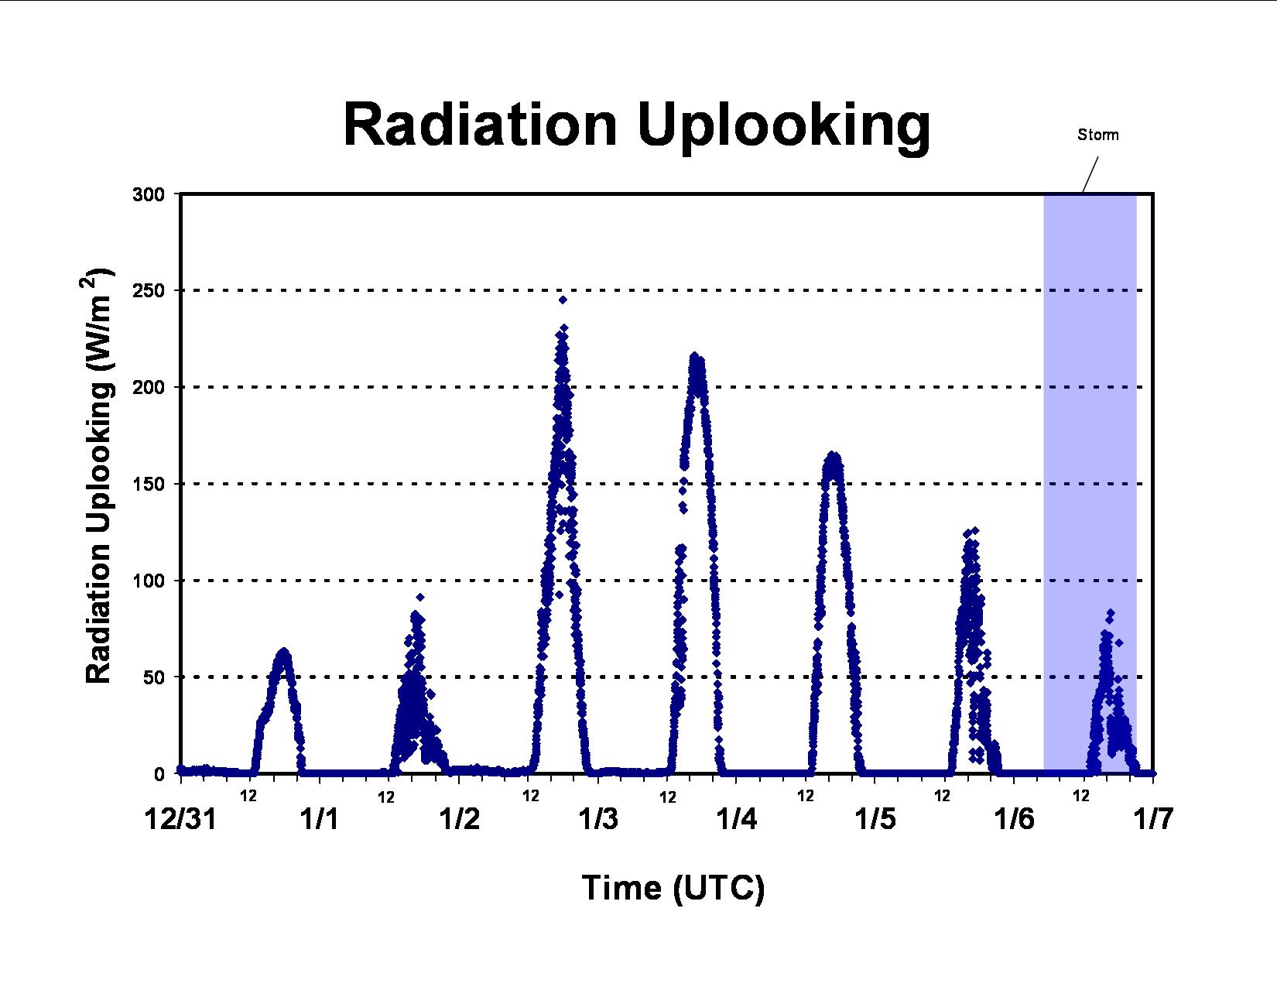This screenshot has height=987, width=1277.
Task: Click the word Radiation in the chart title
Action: click(480, 125)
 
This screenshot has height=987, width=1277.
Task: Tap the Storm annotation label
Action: click(1097, 135)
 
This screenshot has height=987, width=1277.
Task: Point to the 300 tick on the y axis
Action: click(148, 194)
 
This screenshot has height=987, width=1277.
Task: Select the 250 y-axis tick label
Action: click(148, 291)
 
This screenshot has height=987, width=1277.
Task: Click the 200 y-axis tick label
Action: click(148, 387)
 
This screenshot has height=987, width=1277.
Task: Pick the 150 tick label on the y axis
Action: click(148, 485)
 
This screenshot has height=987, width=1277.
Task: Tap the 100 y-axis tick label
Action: click(148, 581)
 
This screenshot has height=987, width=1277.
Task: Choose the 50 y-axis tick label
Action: click(153, 677)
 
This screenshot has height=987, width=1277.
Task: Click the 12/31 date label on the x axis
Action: click(180, 819)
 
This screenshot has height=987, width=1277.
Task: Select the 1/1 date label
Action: click(319, 819)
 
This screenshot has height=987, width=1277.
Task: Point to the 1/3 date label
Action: click(598, 819)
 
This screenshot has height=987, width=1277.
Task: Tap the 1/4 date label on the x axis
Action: click(736, 819)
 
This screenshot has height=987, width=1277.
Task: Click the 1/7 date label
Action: click(1153, 819)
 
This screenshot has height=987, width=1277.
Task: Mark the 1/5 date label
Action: click(875, 819)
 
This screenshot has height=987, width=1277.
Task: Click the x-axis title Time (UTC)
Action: click(673, 888)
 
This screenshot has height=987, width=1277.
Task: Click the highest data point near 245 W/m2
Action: click(563, 300)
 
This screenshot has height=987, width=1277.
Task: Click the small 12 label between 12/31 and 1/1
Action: click(248, 796)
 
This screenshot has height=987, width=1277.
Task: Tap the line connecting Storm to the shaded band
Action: click(1090, 175)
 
